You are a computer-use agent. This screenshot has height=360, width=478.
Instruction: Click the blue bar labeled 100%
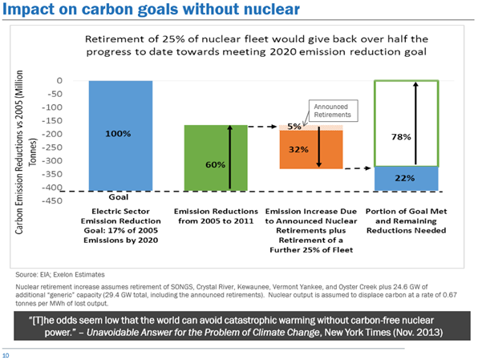pos(120,136)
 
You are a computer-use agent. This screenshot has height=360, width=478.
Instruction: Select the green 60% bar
pos(216,158)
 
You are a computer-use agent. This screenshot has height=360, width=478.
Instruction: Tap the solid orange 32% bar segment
pos(311,149)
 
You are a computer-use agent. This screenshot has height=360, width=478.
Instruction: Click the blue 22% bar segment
pos(407,179)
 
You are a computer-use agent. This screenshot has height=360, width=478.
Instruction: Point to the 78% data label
pos(401,137)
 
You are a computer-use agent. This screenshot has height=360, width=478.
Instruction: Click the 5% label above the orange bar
pos(294,127)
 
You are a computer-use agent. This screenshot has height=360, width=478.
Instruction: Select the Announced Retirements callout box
pos(333,111)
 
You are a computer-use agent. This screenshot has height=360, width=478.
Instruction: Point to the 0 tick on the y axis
pos(59,80)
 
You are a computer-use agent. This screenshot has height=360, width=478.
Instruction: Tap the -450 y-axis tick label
pos(52,200)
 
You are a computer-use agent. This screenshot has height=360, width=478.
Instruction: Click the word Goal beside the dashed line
pos(119,197)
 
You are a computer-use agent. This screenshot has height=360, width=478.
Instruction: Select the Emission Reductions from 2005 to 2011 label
pos(216,216)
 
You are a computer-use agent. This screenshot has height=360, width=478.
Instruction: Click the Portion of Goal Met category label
pos(407,220)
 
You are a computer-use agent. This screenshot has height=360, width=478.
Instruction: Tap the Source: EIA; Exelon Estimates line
pos(60,275)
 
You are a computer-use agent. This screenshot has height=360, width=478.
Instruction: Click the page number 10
pos(6,355)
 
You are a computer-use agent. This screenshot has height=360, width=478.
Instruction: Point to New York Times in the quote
pos(357,332)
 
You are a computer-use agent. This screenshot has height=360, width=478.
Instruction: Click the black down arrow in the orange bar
pos(319,147)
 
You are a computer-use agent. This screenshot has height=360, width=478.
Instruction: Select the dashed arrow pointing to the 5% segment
pos(262,126)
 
